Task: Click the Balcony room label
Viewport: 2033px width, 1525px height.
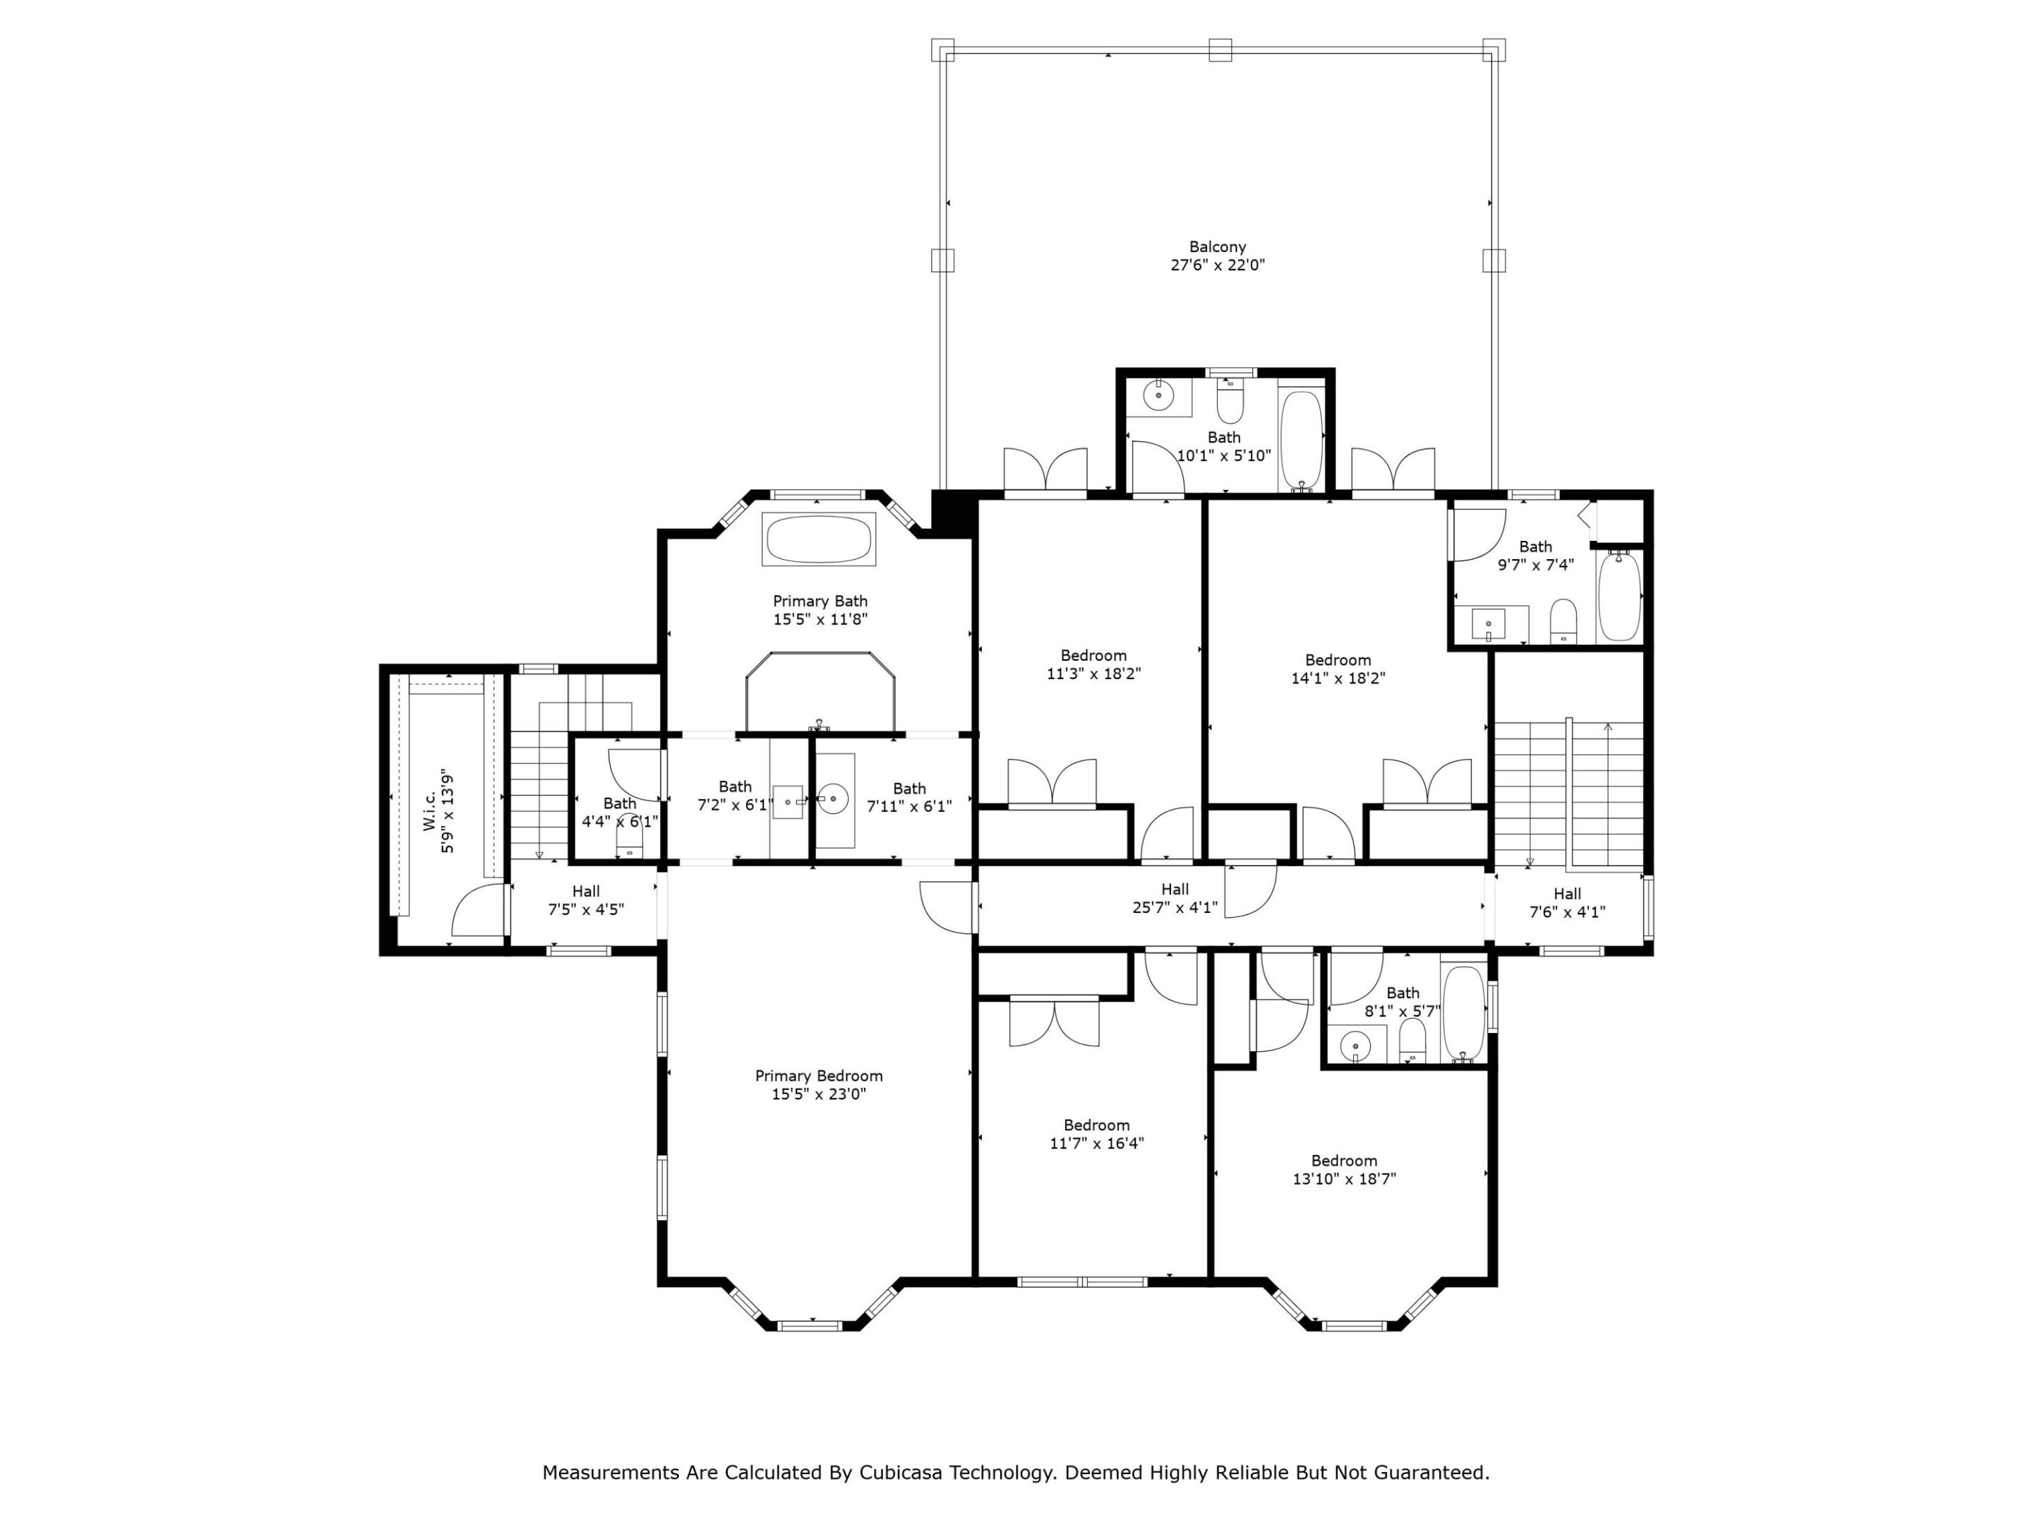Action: pos(1218,256)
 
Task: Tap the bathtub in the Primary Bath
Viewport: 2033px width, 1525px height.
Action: pos(819,539)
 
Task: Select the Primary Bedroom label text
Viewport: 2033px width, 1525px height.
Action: pos(819,1084)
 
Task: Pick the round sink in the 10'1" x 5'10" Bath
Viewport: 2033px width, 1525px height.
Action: pos(1158,397)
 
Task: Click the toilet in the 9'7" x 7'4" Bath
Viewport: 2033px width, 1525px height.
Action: pos(1564,621)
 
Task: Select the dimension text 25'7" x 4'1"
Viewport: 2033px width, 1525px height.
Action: pos(1175,907)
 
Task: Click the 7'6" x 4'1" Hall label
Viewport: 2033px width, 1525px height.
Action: pos(1567,903)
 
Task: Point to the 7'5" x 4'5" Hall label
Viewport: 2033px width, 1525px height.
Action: pos(587,900)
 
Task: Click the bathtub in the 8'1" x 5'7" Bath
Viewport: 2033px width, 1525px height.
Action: pos(1463,1014)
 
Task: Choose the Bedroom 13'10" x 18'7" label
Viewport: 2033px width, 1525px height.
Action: pos(1344,1169)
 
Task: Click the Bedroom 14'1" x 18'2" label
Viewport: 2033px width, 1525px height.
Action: pos(1338,669)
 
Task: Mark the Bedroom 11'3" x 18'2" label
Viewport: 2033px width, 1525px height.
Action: pos(1093,664)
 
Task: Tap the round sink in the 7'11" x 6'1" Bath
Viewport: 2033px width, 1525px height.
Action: pos(834,799)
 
